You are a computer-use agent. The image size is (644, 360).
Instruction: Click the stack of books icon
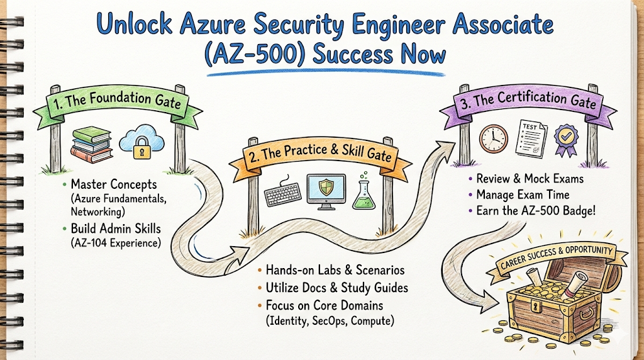click(x=92, y=145)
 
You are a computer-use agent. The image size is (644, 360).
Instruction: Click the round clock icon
click(x=494, y=138)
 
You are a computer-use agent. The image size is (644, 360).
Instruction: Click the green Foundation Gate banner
click(x=117, y=101)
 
